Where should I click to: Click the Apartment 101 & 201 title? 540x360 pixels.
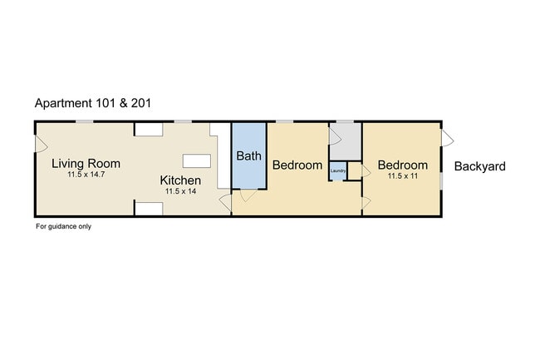pos(93,103)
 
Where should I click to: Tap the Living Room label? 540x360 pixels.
pos(86,163)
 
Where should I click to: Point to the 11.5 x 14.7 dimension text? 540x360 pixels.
pos(86,175)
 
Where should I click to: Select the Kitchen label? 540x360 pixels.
pos(180,180)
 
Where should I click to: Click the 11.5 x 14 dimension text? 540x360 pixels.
pos(181,191)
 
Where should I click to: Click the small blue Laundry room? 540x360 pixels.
pos(338,171)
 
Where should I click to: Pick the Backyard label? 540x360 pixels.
pos(480,166)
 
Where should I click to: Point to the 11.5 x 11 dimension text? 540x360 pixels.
pos(403,176)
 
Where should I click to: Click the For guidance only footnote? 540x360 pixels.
pos(64,226)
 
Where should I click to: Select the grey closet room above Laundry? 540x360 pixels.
pos(346,141)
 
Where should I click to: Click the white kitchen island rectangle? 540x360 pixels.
pos(197,161)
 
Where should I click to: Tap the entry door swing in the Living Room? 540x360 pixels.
pos(42,144)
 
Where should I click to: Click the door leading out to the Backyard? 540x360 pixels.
pos(448,138)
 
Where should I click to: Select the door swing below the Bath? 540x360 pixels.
pos(248,195)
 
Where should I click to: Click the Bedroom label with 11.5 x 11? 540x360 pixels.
pos(403,165)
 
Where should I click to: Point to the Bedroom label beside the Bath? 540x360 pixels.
pos(297,165)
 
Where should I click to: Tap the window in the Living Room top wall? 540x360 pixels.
pos(85,121)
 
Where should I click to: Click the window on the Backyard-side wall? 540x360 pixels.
pos(441,181)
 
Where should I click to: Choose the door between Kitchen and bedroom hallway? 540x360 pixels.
pos(226,203)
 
